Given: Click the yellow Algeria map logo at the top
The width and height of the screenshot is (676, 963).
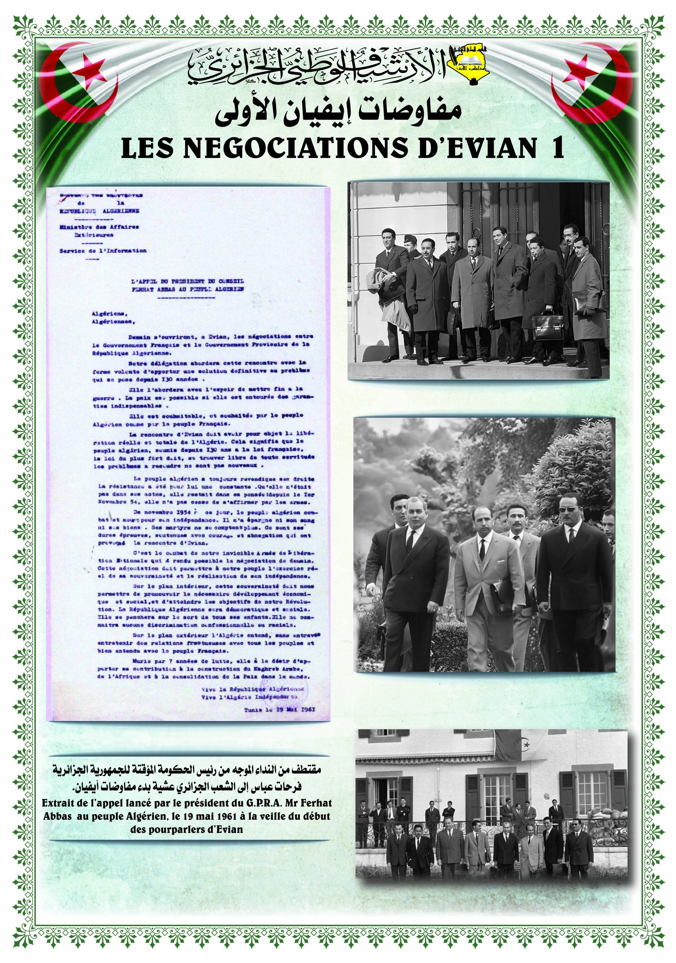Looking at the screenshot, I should coord(466,62).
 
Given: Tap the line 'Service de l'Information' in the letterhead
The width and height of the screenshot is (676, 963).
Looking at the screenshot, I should coord(103,251).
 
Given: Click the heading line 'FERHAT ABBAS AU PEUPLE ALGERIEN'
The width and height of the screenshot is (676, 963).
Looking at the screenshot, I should coord(188,289).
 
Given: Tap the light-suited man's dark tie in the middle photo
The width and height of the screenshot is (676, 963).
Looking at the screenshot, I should coord(482,550).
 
